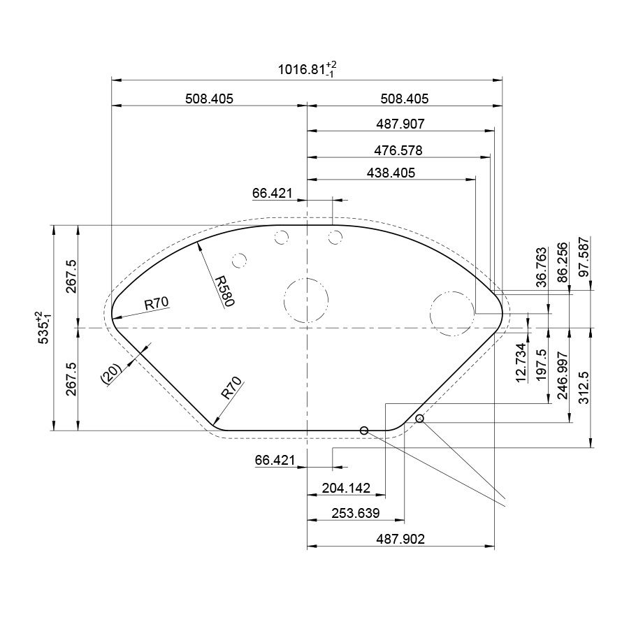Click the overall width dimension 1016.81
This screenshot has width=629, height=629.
pyautogui.click(x=308, y=69)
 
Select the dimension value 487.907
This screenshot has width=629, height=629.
pyautogui.click(x=400, y=124)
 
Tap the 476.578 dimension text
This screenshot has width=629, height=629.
pyautogui.click(x=398, y=150)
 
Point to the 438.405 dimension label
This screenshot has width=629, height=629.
pyautogui.click(x=391, y=173)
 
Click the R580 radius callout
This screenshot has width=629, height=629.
pyautogui.click(x=224, y=291)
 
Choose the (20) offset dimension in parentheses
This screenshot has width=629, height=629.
pyautogui.click(x=111, y=374)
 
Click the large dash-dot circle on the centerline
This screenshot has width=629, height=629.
pyautogui.click(x=306, y=300)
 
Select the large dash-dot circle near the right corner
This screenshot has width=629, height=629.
pyautogui.click(x=452, y=313)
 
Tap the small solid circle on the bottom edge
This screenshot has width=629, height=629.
pyautogui.click(x=364, y=431)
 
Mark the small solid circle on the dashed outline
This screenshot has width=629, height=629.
pyautogui.click(x=419, y=419)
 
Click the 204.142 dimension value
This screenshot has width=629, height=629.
pyautogui.click(x=346, y=488)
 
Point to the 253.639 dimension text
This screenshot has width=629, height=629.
pyautogui.click(x=356, y=513)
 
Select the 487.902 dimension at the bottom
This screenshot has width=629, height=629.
pyautogui.click(x=400, y=539)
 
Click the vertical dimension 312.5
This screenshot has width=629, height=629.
pyautogui.click(x=584, y=387)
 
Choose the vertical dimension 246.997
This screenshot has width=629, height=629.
pyautogui.click(x=563, y=375)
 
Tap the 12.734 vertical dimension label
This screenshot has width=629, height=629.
pyautogui.click(x=521, y=363)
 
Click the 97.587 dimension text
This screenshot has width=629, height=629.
pyautogui.click(x=584, y=256)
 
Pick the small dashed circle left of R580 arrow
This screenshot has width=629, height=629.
pyautogui.click(x=239, y=261)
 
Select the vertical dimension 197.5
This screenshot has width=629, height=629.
pyautogui.click(x=542, y=364)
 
